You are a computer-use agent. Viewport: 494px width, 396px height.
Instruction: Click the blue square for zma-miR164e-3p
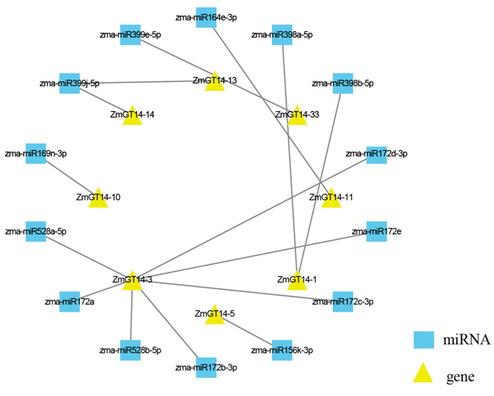coord(206,17)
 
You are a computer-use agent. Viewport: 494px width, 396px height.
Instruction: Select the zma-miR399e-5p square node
coord(130,35)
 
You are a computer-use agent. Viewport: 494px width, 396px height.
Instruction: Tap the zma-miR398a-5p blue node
coord(282,35)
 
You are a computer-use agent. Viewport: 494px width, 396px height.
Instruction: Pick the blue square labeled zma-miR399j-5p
coord(69,83)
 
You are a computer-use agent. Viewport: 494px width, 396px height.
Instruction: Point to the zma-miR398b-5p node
coord(343,83)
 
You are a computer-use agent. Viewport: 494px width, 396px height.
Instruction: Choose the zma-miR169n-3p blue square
coord(36,153)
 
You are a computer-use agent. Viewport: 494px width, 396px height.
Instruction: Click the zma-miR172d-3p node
coord(376,153)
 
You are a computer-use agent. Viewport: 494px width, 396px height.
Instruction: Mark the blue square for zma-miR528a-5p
coord(36,231)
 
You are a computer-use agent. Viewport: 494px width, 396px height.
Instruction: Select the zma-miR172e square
coord(376,231)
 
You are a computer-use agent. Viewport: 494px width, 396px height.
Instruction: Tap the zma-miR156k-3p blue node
coord(282,350)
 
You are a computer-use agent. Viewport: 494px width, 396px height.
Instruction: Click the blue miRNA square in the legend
coord(423,340)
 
